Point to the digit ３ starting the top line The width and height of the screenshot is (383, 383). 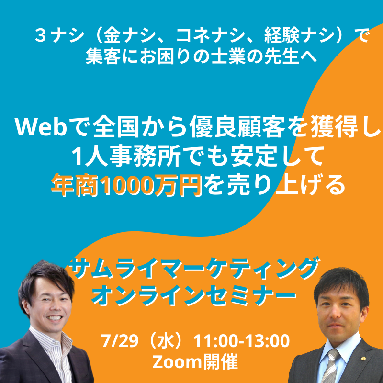pyautogui.click(x=41, y=35)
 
